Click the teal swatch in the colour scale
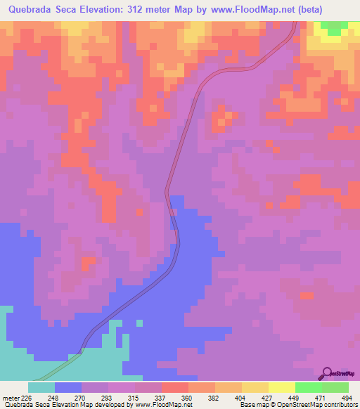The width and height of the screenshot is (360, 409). pos(41,387)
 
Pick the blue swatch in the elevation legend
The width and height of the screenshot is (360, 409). pos(68,387)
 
